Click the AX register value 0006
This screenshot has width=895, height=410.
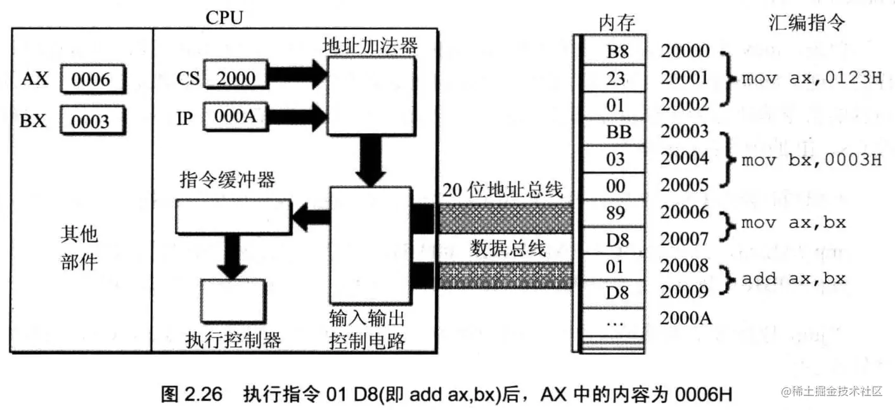pyautogui.click(x=93, y=80)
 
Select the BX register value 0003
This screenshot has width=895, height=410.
pyautogui.click(x=93, y=121)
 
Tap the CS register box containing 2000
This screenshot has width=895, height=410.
pyautogui.click(x=235, y=78)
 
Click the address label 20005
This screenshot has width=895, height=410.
pyautogui.click(x=685, y=186)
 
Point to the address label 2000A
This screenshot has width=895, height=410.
pyautogui.click(x=686, y=318)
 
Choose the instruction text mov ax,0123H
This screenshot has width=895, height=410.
pyautogui.click(x=812, y=79)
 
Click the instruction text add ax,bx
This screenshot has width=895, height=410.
pyautogui.click(x=794, y=279)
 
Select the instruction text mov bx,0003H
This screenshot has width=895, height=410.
pyautogui.click(x=812, y=159)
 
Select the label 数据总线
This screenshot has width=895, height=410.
pyautogui.click(x=508, y=248)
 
